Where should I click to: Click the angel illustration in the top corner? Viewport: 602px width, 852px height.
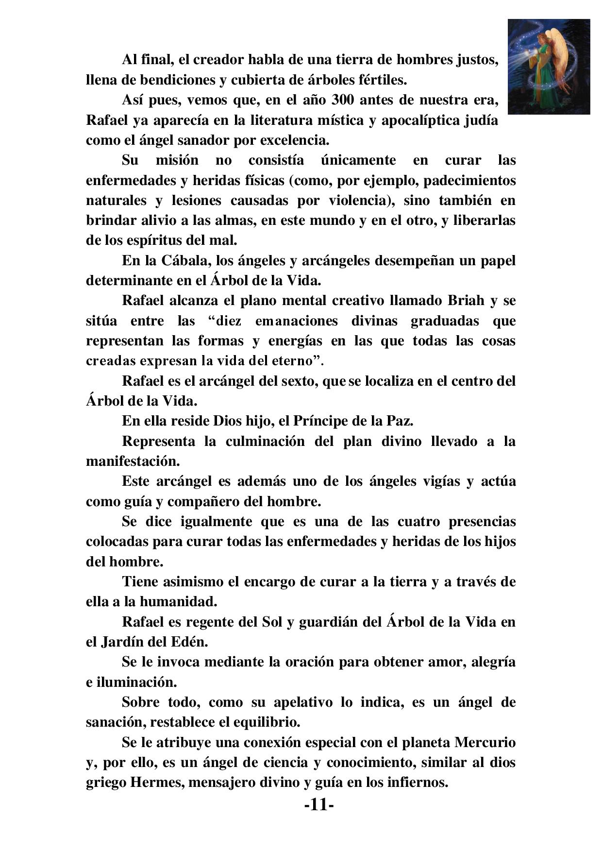click(549, 67)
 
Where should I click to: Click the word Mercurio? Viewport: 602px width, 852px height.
click(485, 743)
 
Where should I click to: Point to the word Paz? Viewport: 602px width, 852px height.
click(401, 421)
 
